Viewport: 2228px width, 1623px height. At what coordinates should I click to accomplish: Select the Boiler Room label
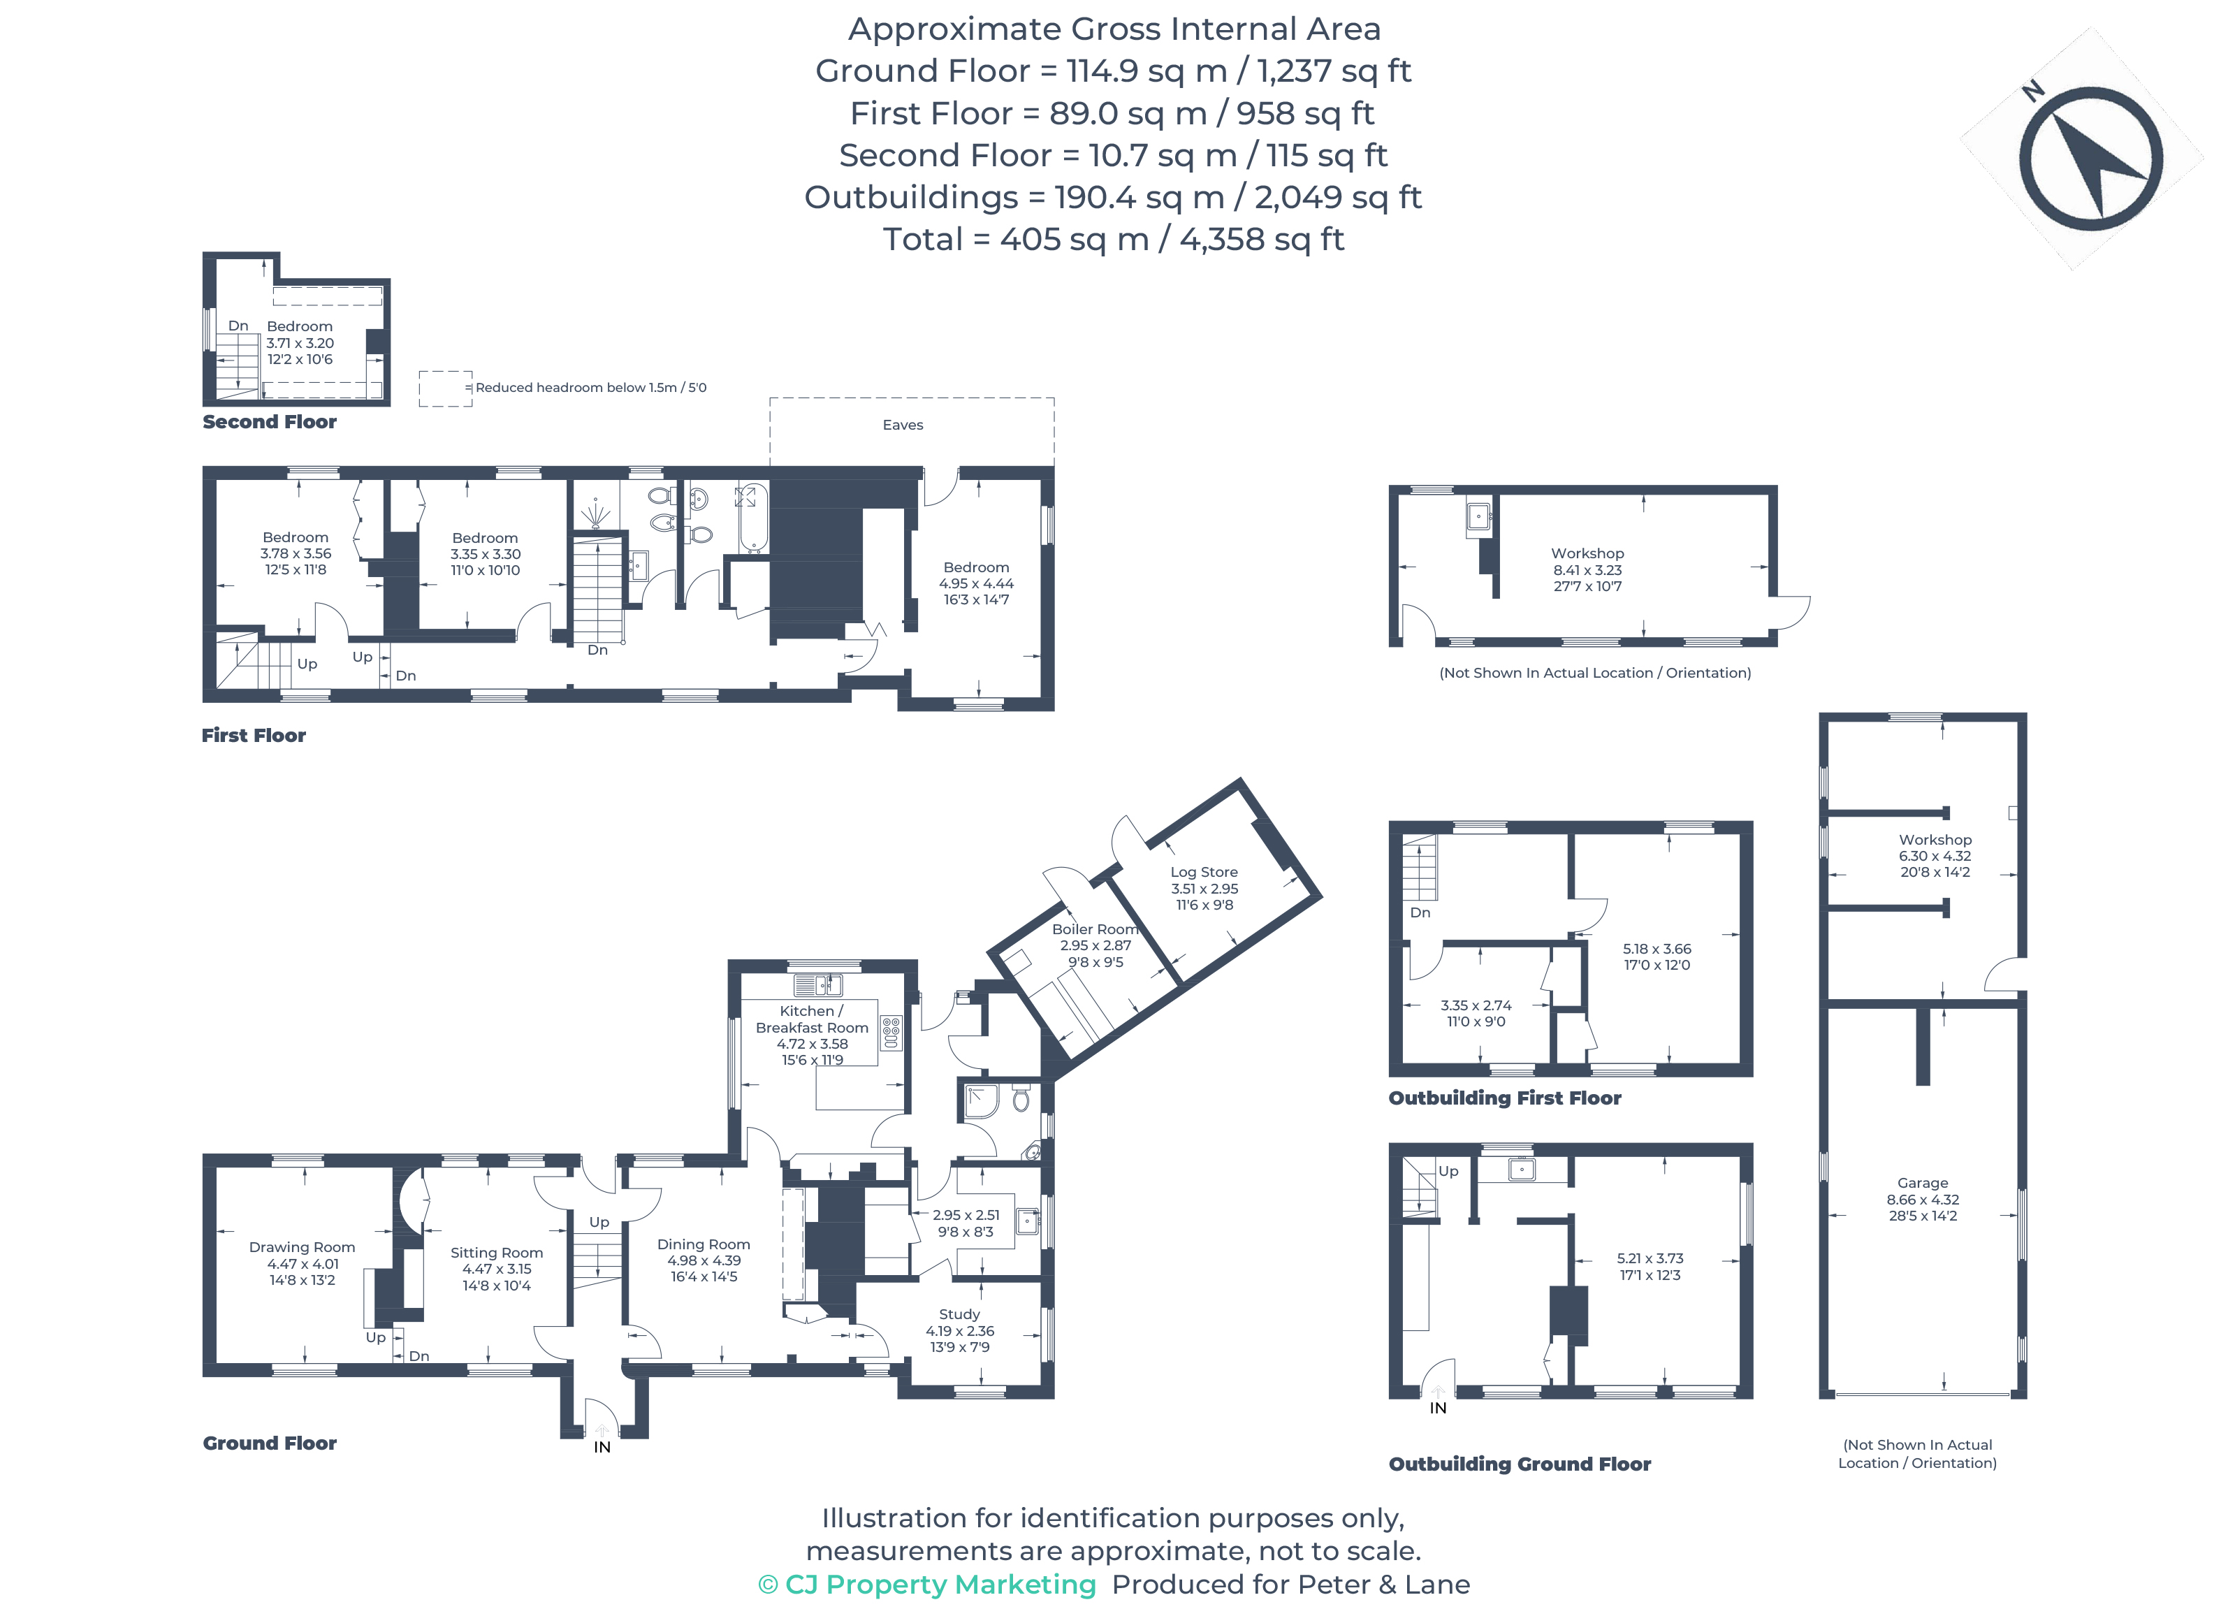(x=1094, y=929)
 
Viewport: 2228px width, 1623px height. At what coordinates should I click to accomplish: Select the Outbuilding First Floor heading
(x=1504, y=1098)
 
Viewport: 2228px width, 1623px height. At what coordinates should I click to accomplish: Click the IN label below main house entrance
(x=602, y=1447)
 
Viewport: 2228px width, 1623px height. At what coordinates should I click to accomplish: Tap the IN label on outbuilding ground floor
(x=1437, y=1408)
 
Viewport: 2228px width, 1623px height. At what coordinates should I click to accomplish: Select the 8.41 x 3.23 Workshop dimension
(x=1587, y=570)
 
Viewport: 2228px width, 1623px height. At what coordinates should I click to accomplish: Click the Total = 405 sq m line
(x=1113, y=239)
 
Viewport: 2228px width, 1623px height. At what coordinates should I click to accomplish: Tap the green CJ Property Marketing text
(x=926, y=1584)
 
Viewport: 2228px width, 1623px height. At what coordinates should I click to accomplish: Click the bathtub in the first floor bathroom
(x=752, y=518)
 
